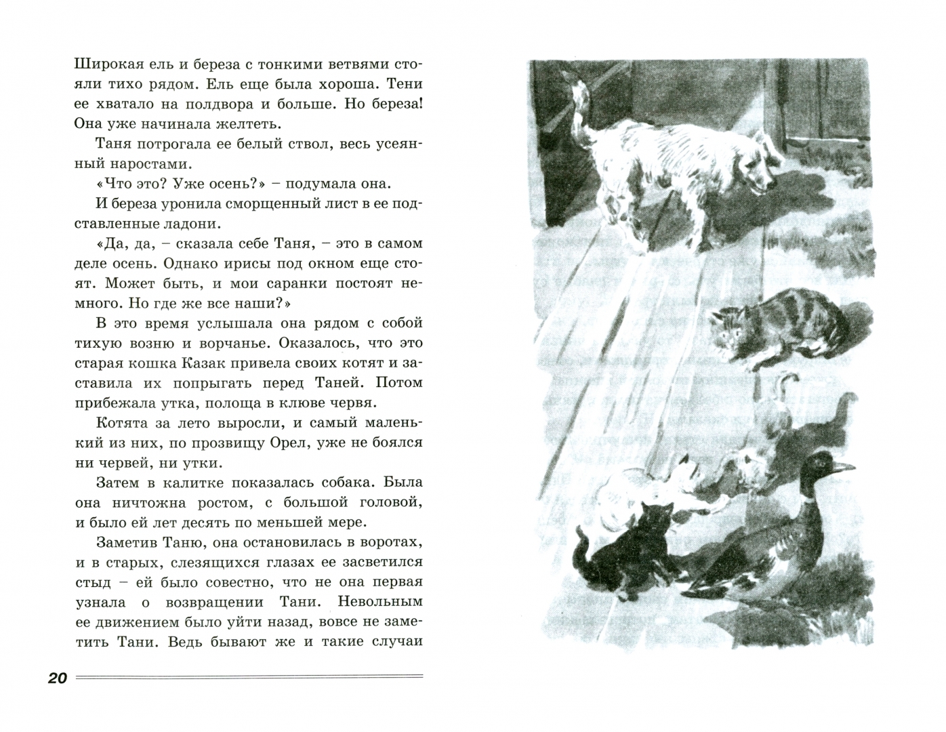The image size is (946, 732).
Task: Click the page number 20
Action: [x=58, y=678]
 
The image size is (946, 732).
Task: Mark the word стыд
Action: [x=90, y=582]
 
